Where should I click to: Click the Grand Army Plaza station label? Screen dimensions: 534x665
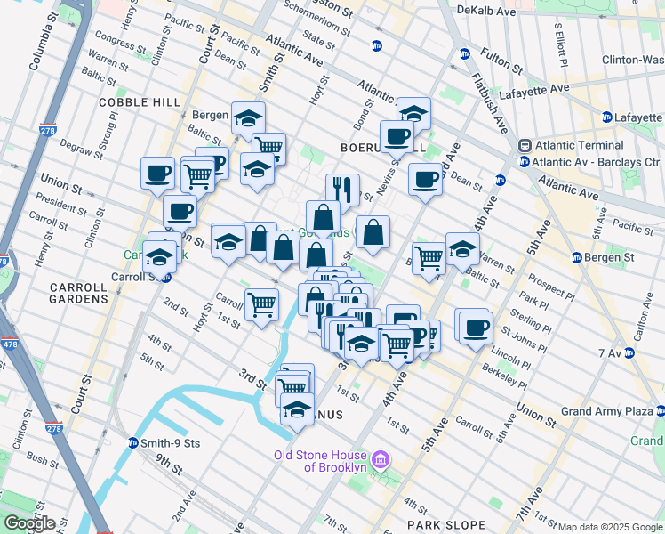(609, 412)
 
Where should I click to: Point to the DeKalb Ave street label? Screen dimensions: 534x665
(485, 12)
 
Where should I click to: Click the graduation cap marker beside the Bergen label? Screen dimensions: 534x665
(248, 117)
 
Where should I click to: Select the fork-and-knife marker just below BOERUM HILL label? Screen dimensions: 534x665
(342, 189)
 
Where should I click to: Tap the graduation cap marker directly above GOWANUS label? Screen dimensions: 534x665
(297, 410)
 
